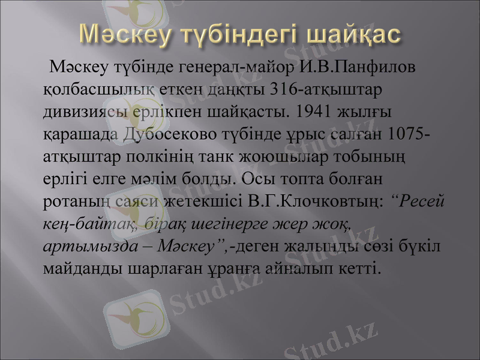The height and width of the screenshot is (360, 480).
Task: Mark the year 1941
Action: tap(317, 111)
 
